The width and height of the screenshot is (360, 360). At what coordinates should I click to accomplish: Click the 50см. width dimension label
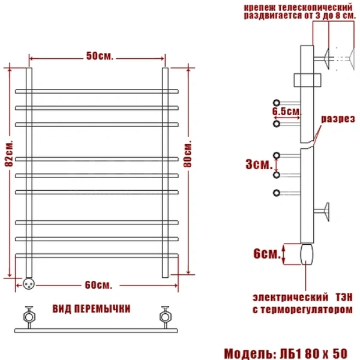[x=100, y=56]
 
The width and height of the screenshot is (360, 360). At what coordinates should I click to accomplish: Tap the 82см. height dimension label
[x=9, y=153]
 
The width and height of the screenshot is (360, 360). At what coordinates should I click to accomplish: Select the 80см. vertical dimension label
[x=188, y=154]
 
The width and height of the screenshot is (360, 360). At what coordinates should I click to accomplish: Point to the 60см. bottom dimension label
[x=98, y=285]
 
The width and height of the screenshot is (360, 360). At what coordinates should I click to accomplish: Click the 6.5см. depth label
[x=287, y=112]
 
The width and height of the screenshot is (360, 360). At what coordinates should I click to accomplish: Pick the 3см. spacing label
[x=259, y=164]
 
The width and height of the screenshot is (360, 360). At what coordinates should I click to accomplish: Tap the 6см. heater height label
[x=267, y=254]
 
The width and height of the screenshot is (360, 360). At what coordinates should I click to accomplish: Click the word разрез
[x=338, y=119]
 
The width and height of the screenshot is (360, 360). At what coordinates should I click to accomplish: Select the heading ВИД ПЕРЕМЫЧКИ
[x=91, y=309]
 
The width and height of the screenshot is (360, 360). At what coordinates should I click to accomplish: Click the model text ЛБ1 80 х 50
[x=314, y=353]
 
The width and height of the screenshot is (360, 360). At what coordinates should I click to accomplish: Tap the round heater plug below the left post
[x=29, y=284]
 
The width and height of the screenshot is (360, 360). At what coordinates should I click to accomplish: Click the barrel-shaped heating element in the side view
[x=307, y=254]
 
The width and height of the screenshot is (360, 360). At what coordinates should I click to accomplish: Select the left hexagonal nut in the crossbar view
[x=29, y=317]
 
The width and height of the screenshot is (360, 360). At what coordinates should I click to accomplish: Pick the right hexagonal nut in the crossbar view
[x=166, y=317]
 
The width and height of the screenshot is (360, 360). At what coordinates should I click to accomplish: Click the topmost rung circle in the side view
[x=277, y=103]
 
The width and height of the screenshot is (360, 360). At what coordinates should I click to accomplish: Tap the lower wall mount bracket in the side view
[x=322, y=212]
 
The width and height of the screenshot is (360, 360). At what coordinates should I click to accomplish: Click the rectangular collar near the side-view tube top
[x=307, y=80]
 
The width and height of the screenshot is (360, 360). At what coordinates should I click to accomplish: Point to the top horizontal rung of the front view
[x=97, y=91]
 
